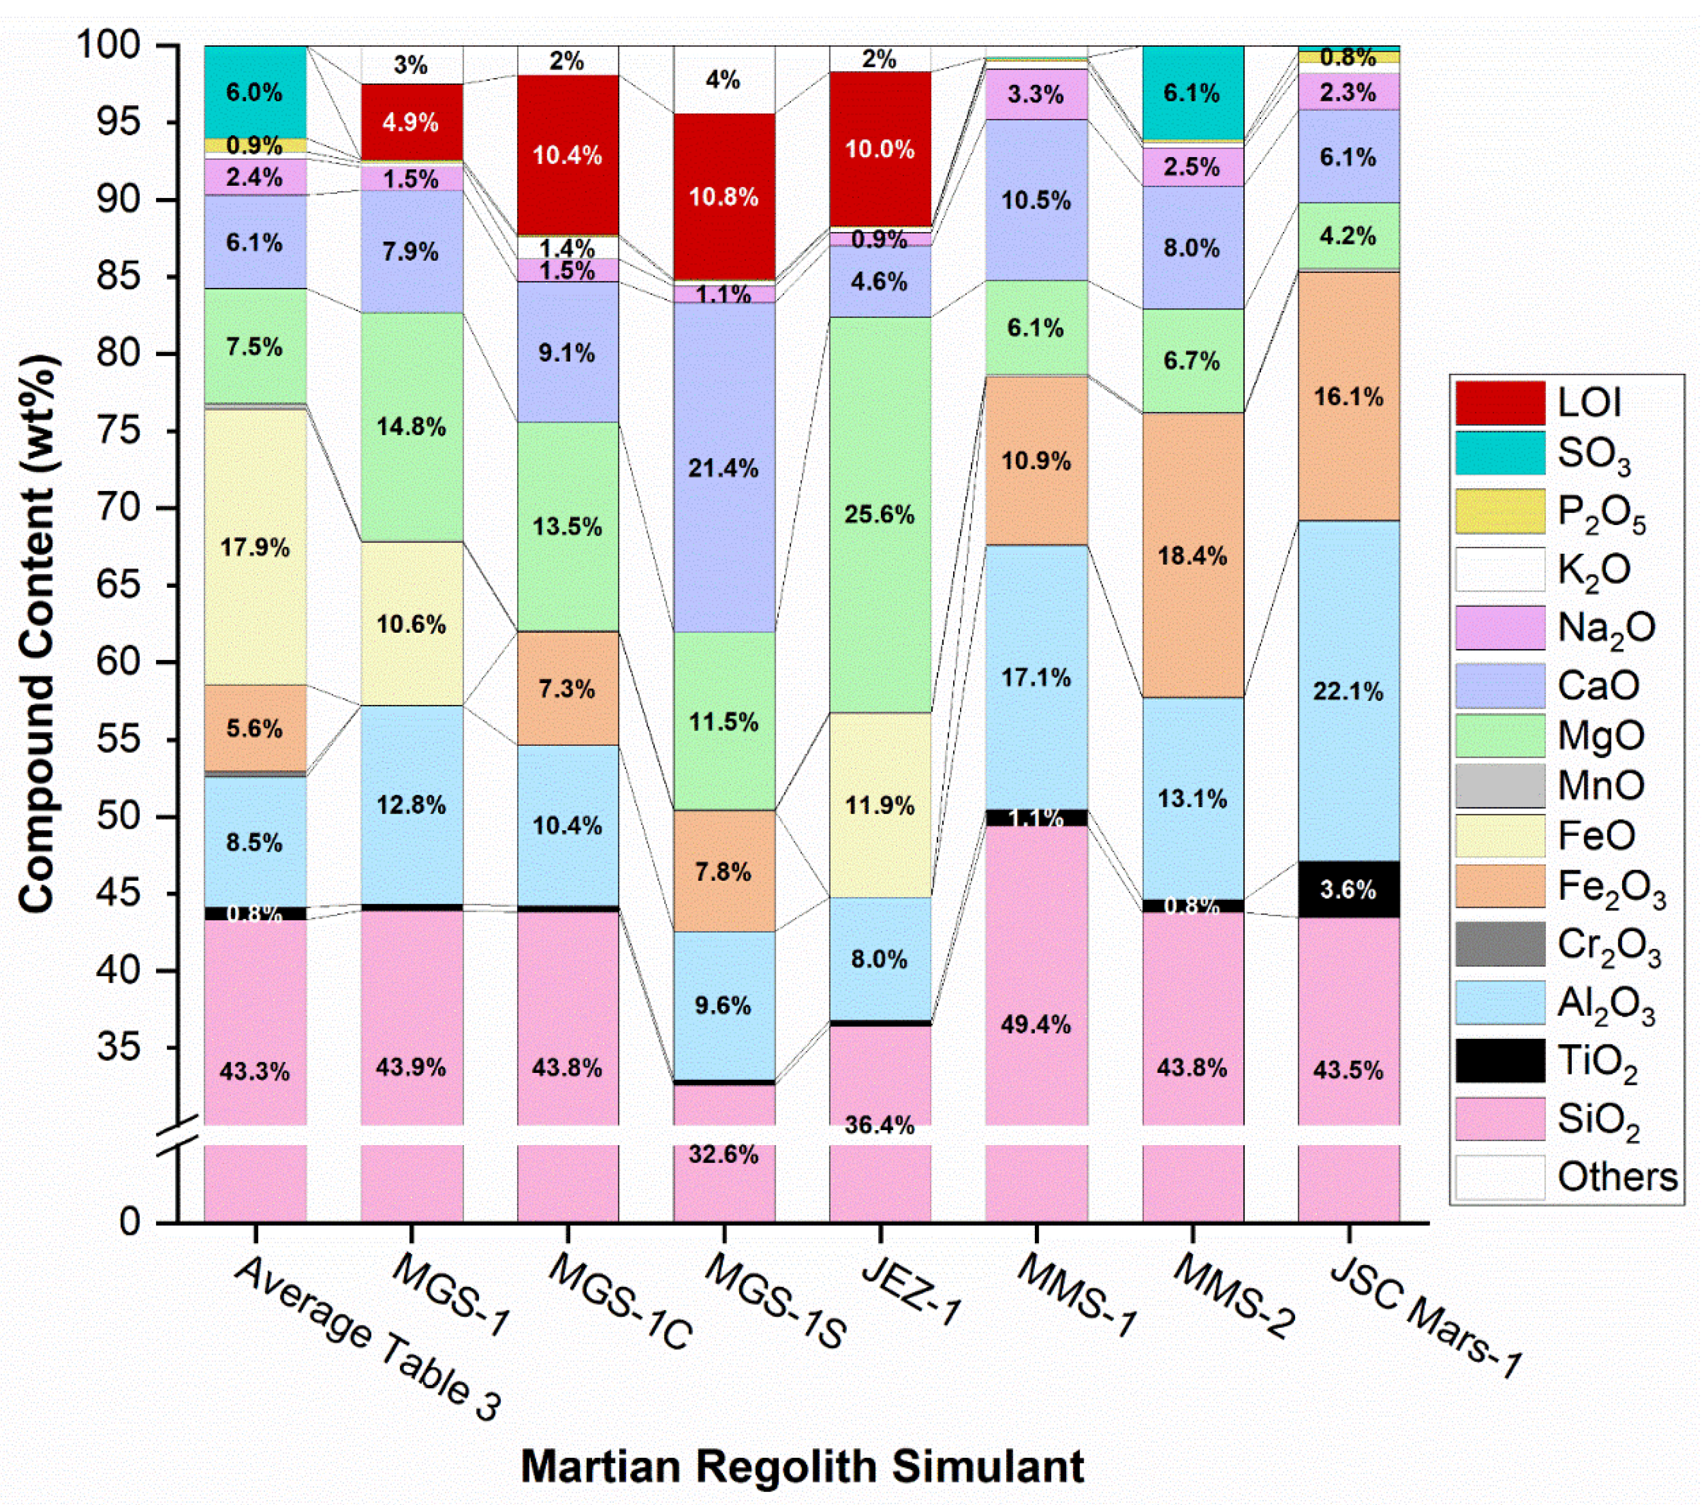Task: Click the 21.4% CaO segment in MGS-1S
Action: [x=723, y=468]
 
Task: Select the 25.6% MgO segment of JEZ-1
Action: [x=879, y=514]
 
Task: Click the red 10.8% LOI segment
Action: [x=723, y=197]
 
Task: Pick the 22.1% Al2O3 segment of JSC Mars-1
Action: [x=1348, y=690]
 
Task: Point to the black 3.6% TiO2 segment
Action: [x=1348, y=890]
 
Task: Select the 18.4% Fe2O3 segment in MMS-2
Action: [x=1192, y=555]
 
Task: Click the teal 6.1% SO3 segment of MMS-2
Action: [x=1192, y=92]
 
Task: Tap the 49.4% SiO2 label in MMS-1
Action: [x=1035, y=1024]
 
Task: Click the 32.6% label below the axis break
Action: [x=723, y=1154]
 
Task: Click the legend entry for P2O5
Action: [x=1600, y=512]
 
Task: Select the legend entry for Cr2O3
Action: [x=1608, y=945]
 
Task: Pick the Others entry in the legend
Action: [x=1616, y=1176]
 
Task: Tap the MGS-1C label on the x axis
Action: [x=619, y=1301]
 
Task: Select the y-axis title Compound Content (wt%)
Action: [x=38, y=634]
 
